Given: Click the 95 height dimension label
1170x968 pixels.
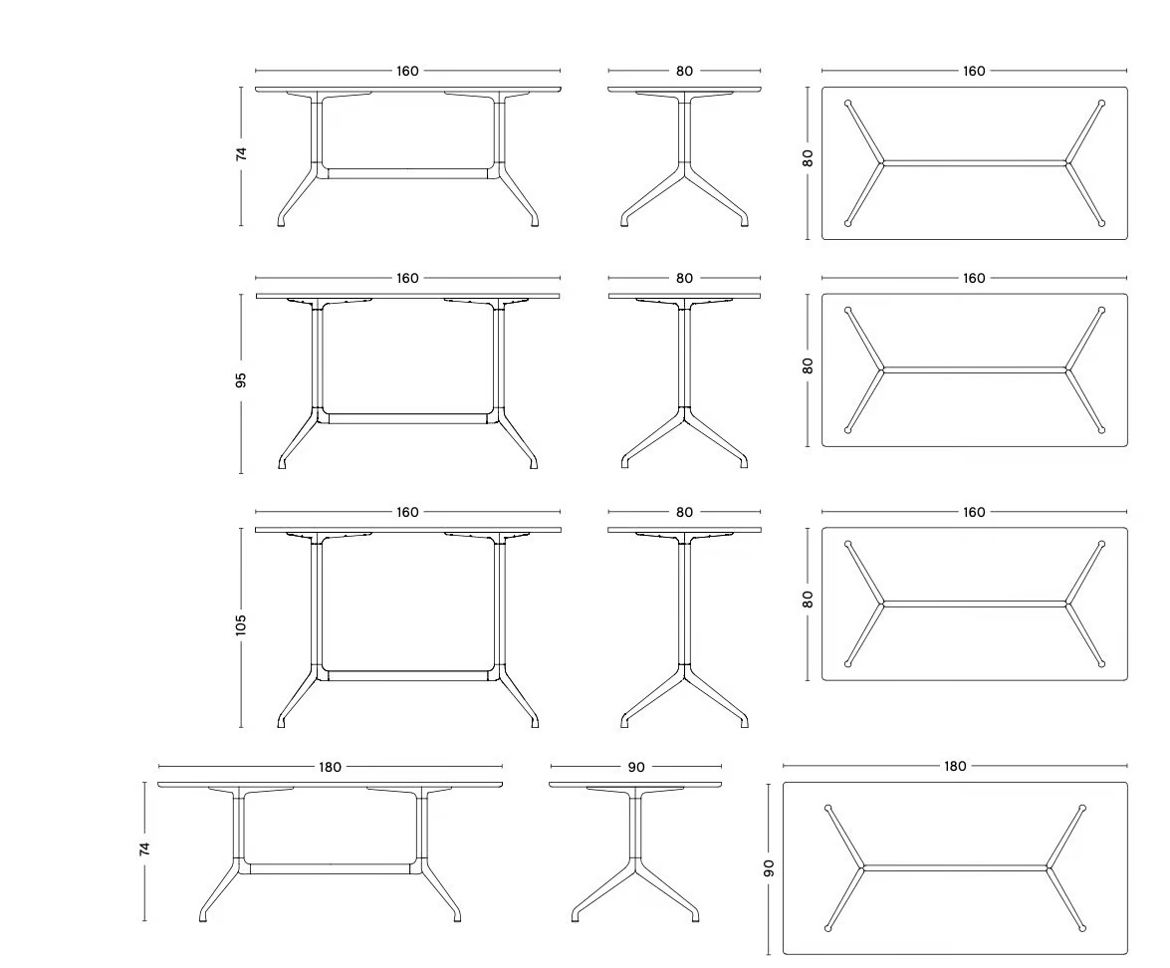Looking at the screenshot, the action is click(x=240, y=379).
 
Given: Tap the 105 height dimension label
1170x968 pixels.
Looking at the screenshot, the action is click(x=240, y=625).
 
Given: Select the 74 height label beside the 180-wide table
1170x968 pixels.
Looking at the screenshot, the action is click(x=144, y=848).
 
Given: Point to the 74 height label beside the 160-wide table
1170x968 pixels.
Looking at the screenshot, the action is click(x=240, y=153).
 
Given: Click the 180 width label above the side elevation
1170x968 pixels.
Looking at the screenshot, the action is click(x=330, y=767).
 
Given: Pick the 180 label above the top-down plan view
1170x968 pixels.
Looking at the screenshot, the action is click(x=955, y=766).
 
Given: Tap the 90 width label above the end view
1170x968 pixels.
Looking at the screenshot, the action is click(x=636, y=767).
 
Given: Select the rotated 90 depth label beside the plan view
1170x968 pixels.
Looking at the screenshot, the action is click(x=769, y=868).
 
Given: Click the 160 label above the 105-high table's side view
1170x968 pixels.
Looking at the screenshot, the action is click(x=407, y=512).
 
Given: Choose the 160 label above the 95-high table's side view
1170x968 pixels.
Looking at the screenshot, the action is click(x=407, y=279).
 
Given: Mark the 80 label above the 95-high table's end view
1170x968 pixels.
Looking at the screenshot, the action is click(x=684, y=279).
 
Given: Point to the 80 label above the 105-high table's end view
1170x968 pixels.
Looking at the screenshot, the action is click(x=684, y=512).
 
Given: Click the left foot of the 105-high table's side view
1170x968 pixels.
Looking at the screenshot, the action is click(x=282, y=722).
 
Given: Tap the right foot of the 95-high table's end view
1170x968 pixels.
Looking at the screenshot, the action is click(x=743, y=463).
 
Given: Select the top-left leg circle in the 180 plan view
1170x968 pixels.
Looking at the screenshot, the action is click(x=828, y=808).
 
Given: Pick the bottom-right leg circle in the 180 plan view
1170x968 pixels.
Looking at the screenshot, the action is click(x=1082, y=928).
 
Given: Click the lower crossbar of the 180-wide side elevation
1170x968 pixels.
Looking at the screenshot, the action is click(x=331, y=868).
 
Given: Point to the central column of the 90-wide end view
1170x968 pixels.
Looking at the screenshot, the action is click(x=635, y=830).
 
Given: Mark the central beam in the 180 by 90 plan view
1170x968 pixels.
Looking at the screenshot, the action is click(x=955, y=868).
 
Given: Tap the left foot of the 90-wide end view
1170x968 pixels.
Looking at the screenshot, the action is click(x=576, y=916).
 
